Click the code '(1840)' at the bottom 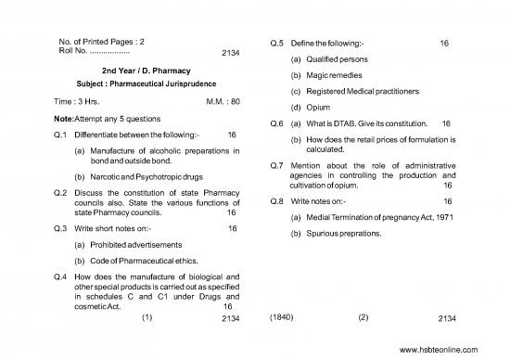[x=281, y=318]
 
